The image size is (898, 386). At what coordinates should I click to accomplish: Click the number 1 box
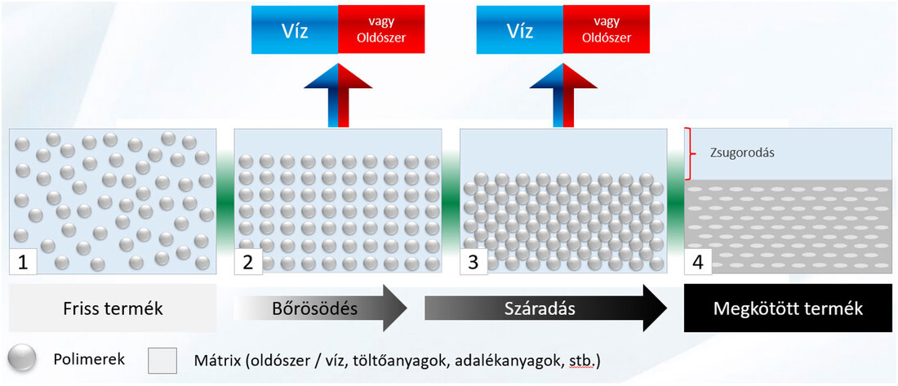click(24, 262)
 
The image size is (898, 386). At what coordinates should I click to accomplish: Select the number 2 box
click(248, 262)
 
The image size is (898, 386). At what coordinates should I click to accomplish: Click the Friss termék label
click(113, 308)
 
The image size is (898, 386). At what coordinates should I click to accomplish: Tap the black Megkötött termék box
click(788, 308)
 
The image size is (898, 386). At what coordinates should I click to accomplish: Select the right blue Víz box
click(520, 32)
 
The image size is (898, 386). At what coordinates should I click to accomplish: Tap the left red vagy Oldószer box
click(380, 32)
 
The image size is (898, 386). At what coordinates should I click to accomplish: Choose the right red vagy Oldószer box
click(605, 32)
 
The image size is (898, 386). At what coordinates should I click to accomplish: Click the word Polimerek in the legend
click(88, 359)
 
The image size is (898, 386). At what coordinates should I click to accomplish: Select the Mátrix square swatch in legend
click(162, 360)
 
